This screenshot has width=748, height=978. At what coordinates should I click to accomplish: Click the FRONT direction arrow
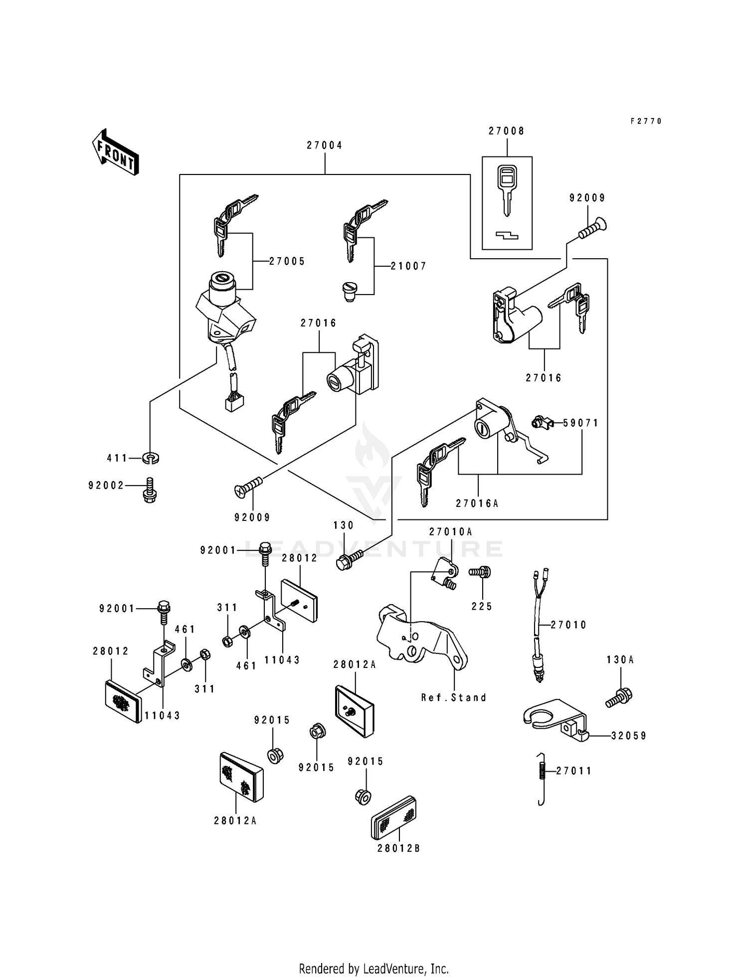point(115,152)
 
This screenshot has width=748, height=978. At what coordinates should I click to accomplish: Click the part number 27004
point(325,146)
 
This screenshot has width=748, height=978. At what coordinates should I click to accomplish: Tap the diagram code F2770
point(646,121)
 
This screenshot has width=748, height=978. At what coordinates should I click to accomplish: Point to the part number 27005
point(287,262)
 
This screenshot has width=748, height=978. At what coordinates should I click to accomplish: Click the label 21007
point(409,267)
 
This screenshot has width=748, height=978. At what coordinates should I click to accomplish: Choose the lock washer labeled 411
point(151,458)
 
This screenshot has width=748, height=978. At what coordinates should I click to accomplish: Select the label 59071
point(581,423)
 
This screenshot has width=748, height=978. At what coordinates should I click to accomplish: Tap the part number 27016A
point(477,503)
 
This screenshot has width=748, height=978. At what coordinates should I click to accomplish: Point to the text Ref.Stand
point(454,698)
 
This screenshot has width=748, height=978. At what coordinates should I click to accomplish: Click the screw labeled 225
point(481,572)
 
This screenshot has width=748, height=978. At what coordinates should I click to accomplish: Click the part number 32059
point(629,736)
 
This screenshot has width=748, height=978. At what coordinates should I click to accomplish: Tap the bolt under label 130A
point(619,696)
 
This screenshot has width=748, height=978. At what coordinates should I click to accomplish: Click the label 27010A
point(451,532)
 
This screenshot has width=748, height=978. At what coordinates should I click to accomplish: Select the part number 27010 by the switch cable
point(569,625)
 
